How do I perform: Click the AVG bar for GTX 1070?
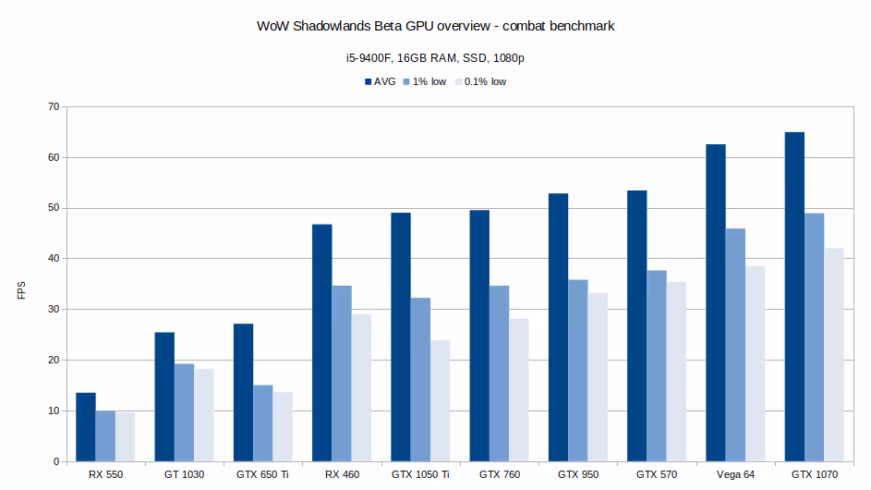(x=794, y=297)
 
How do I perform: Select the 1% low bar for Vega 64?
(x=735, y=345)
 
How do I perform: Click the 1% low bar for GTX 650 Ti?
(x=263, y=423)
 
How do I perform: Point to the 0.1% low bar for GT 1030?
(x=204, y=415)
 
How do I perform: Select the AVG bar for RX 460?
(x=321, y=343)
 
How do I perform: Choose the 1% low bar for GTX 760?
(x=499, y=374)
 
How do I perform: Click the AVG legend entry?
(x=379, y=81)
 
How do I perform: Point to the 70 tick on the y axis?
(x=53, y=107)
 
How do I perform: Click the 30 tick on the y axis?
(x=53, y=310)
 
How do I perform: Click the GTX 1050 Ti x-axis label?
(x=420, y=474)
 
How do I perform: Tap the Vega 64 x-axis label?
(x=735, y=474)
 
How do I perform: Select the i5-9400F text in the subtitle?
(x=358, y=57)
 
